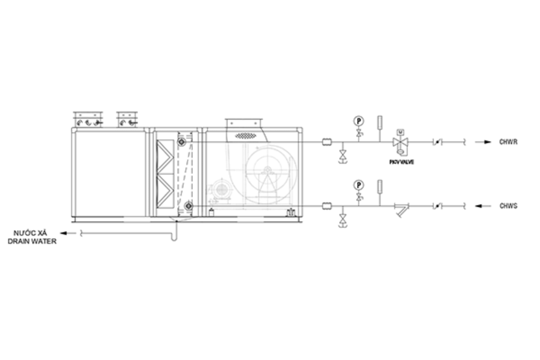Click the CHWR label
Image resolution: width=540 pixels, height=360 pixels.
tap(508, 142)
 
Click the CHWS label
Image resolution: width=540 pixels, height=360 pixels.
tap(508, 206)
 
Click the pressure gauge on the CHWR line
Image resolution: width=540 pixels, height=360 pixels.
tap(359, 121)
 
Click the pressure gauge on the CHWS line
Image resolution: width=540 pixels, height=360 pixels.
tap(359, 184)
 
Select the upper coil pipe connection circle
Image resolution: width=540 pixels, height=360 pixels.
tap(181, 142)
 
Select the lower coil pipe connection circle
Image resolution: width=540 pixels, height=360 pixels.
tap(188, 206)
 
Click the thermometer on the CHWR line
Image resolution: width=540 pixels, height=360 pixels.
tap(380, 122)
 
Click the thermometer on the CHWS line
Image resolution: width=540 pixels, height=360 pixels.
tap(380, 186)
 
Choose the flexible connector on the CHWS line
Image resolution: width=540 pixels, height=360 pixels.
tap(328, 206)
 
